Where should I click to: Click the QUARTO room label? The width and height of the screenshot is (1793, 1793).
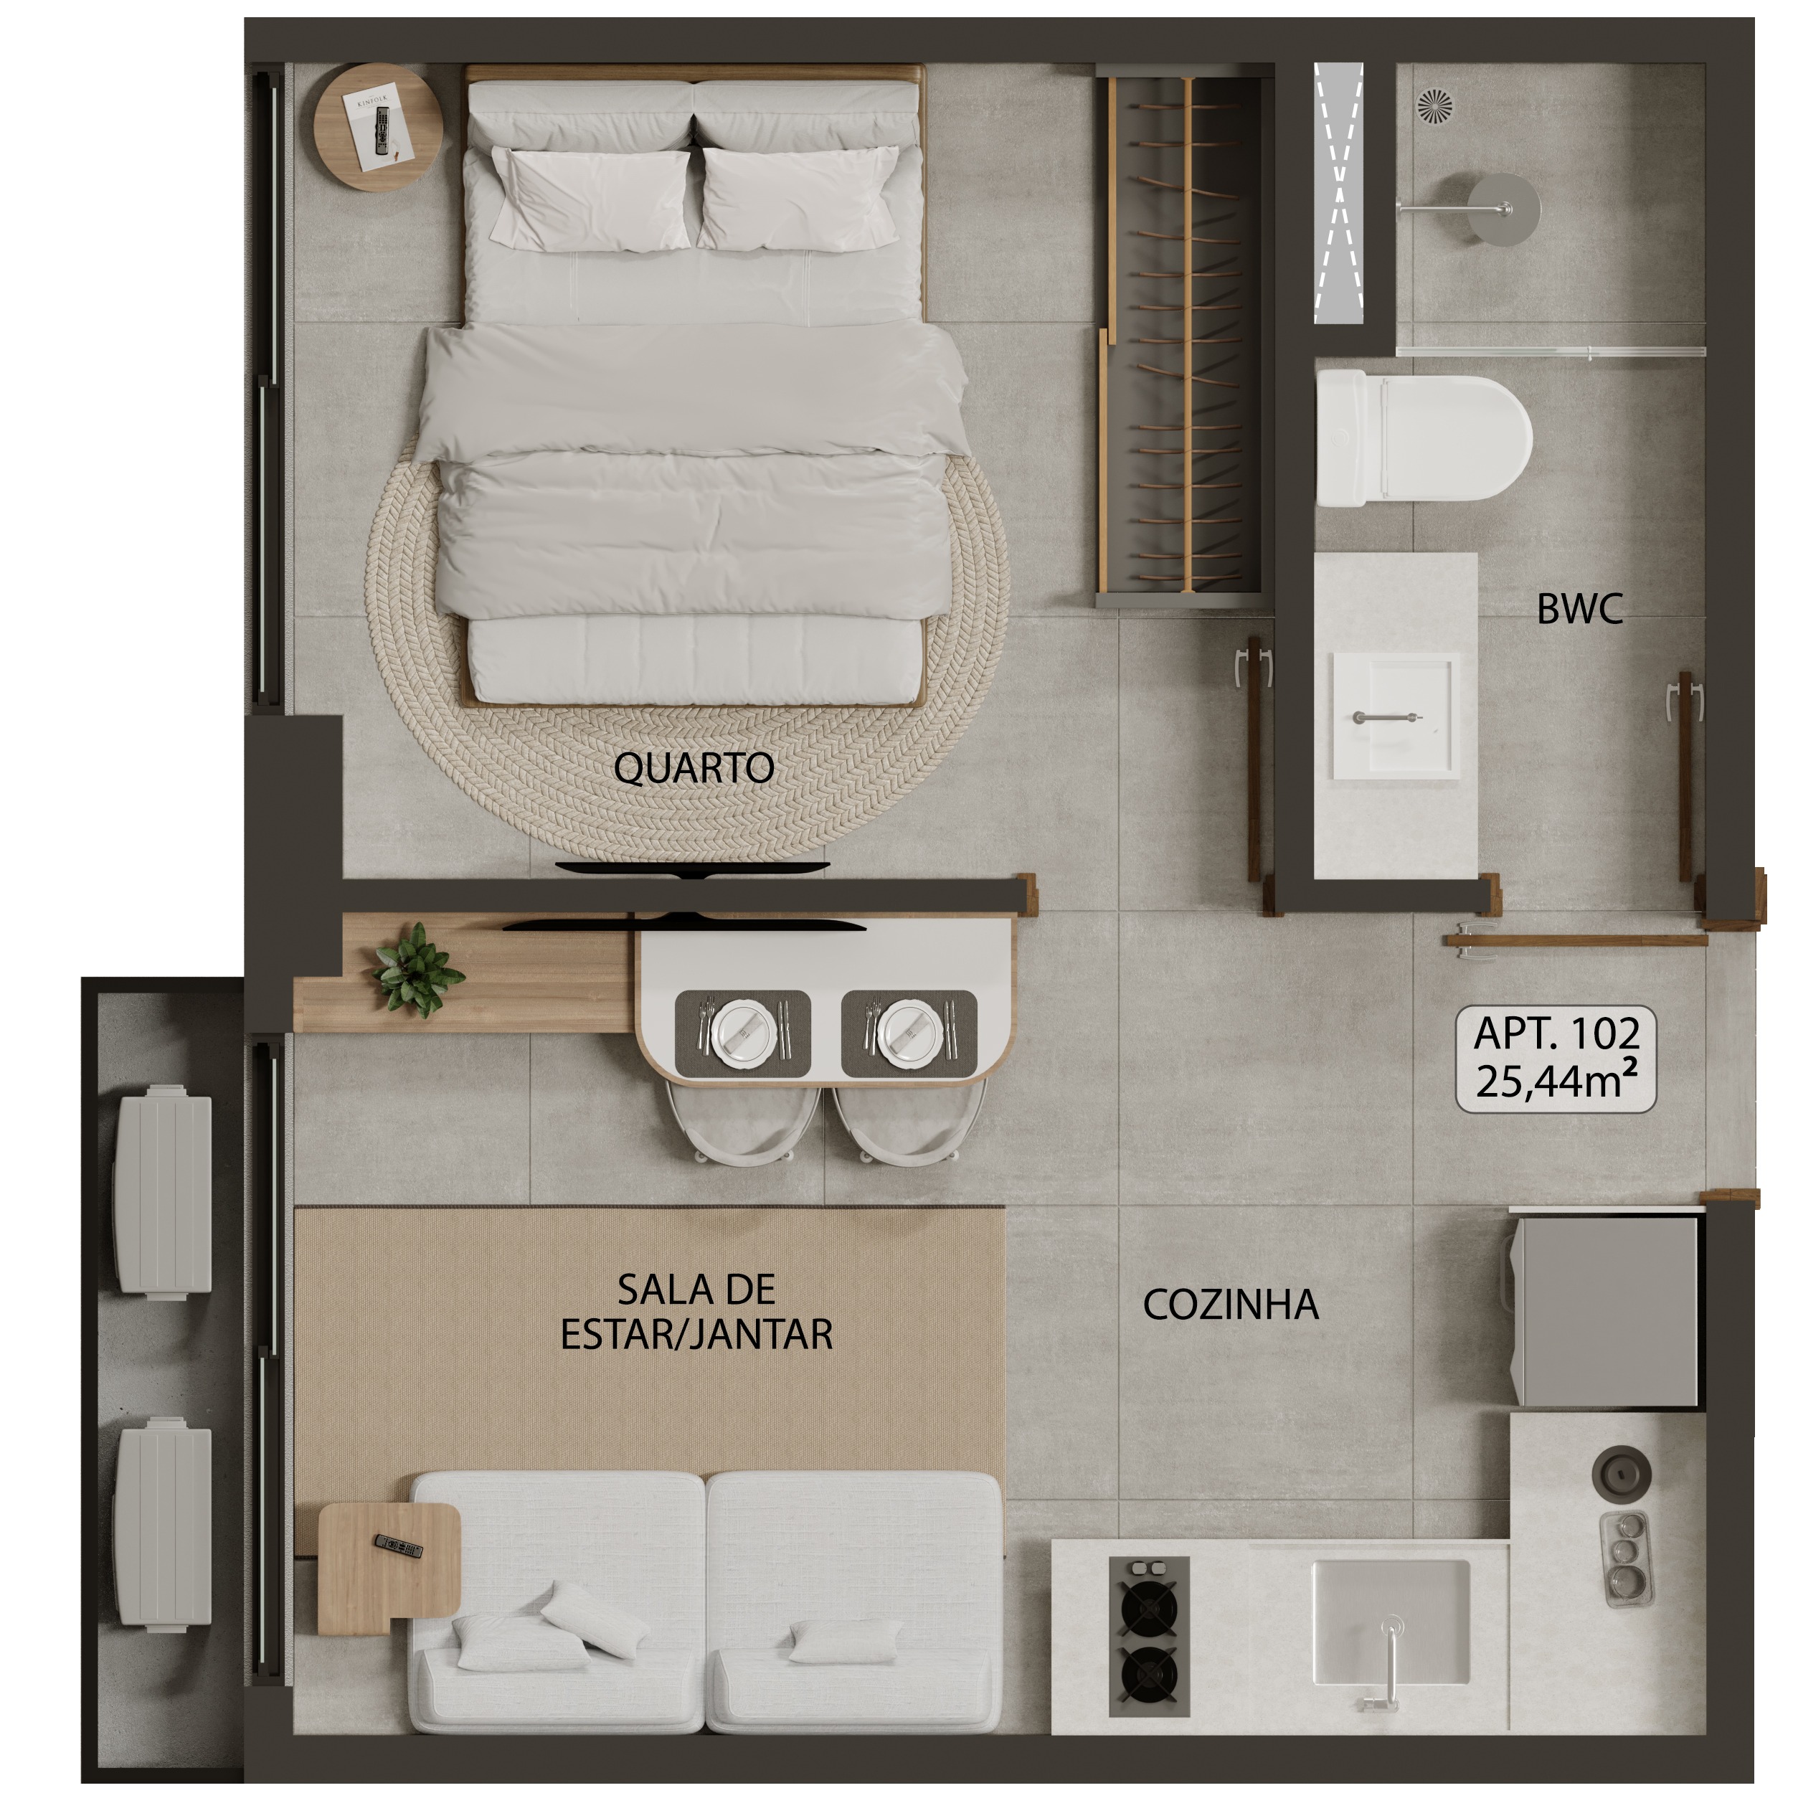pyautogui.click(x=694, y=768)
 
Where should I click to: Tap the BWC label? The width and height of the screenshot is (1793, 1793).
pyautogui.click(x=1579, y=609)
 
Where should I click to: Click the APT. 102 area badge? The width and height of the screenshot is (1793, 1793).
pyautogui.click(x=1556, y=1059)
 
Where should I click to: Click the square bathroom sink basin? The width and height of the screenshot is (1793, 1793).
pyautogui.click(x=1395, y=714)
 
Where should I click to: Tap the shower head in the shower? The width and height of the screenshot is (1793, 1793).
pyautogui.click(x=1503, y=209)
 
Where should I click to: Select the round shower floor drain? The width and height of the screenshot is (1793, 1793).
pyautogui.click(x=1435, y=105)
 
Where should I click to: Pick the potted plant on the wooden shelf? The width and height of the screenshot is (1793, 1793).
pyautogui.click(x=417, y=970)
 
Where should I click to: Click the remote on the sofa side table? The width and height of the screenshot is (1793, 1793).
pyautogui.click(x=398, y=1546)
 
